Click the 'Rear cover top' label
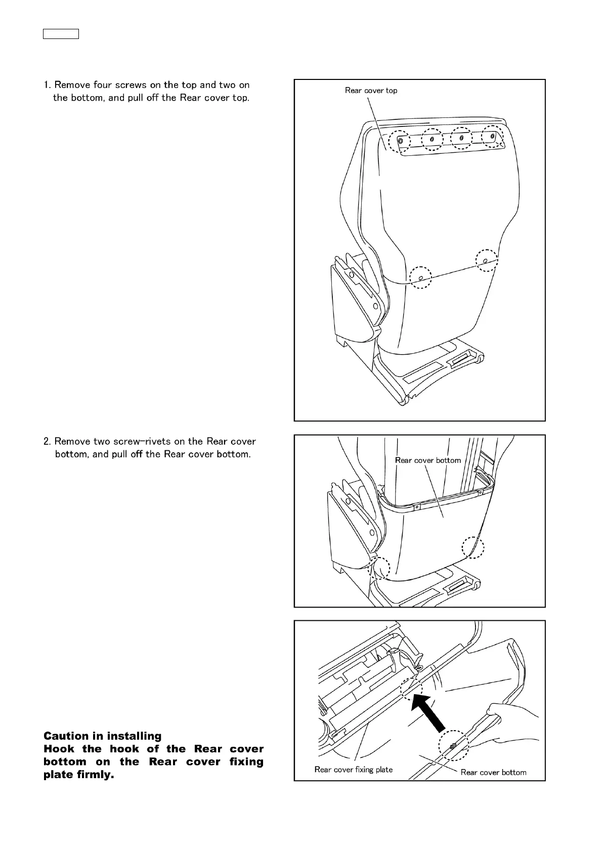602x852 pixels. pyautogui.click(x=371, y=91)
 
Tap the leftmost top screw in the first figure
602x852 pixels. pyautogui.click(x=401, y=141)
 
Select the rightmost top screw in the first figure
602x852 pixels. pyautogui.click(x=492, y=136)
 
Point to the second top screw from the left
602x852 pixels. pyautogui.click(x=432, y=139)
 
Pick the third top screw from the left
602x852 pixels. pyautogui.click(x=461, y=138)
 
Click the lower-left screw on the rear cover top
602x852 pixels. pyautogui.click(x=420, y=278)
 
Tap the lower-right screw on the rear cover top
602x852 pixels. pyautogui.click(x=485, y=261)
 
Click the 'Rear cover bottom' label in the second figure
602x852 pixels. pyautogui.click(x=428, y=460)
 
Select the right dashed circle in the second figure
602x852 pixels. pyautogui.click(x=473, y=548)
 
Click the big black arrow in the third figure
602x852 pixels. pyautogui.click(x=433, y=713)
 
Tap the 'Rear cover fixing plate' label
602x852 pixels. pyautogui.click(x=353, y=770)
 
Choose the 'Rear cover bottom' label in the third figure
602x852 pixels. pyautogui.click(x=493, y=772)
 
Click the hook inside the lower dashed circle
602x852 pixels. pyautogui.click(x=453, y=746)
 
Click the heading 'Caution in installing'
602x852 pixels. pyautogui.click(x=103, y=736)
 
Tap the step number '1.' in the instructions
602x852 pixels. pyautogui.click(x=47, y=85)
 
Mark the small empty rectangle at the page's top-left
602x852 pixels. pyautogui.click(x=60, y=34)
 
